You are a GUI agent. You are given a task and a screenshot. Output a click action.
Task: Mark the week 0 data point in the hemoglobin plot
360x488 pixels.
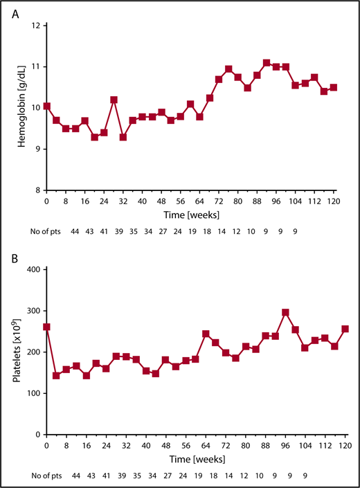click(x=46, y=107)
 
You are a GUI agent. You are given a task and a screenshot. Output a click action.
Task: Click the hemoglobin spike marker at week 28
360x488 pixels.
click(x=114, y=100)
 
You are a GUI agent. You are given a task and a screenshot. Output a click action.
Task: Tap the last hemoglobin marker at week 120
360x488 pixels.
click(x=333, y=87)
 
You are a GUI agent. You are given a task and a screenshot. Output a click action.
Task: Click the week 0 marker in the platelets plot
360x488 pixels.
click(x=46, y=327)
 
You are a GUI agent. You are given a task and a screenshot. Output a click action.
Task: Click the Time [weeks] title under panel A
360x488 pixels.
click(x=189, y=215)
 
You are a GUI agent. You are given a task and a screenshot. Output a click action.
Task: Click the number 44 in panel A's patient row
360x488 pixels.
click(x=75, y=233)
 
